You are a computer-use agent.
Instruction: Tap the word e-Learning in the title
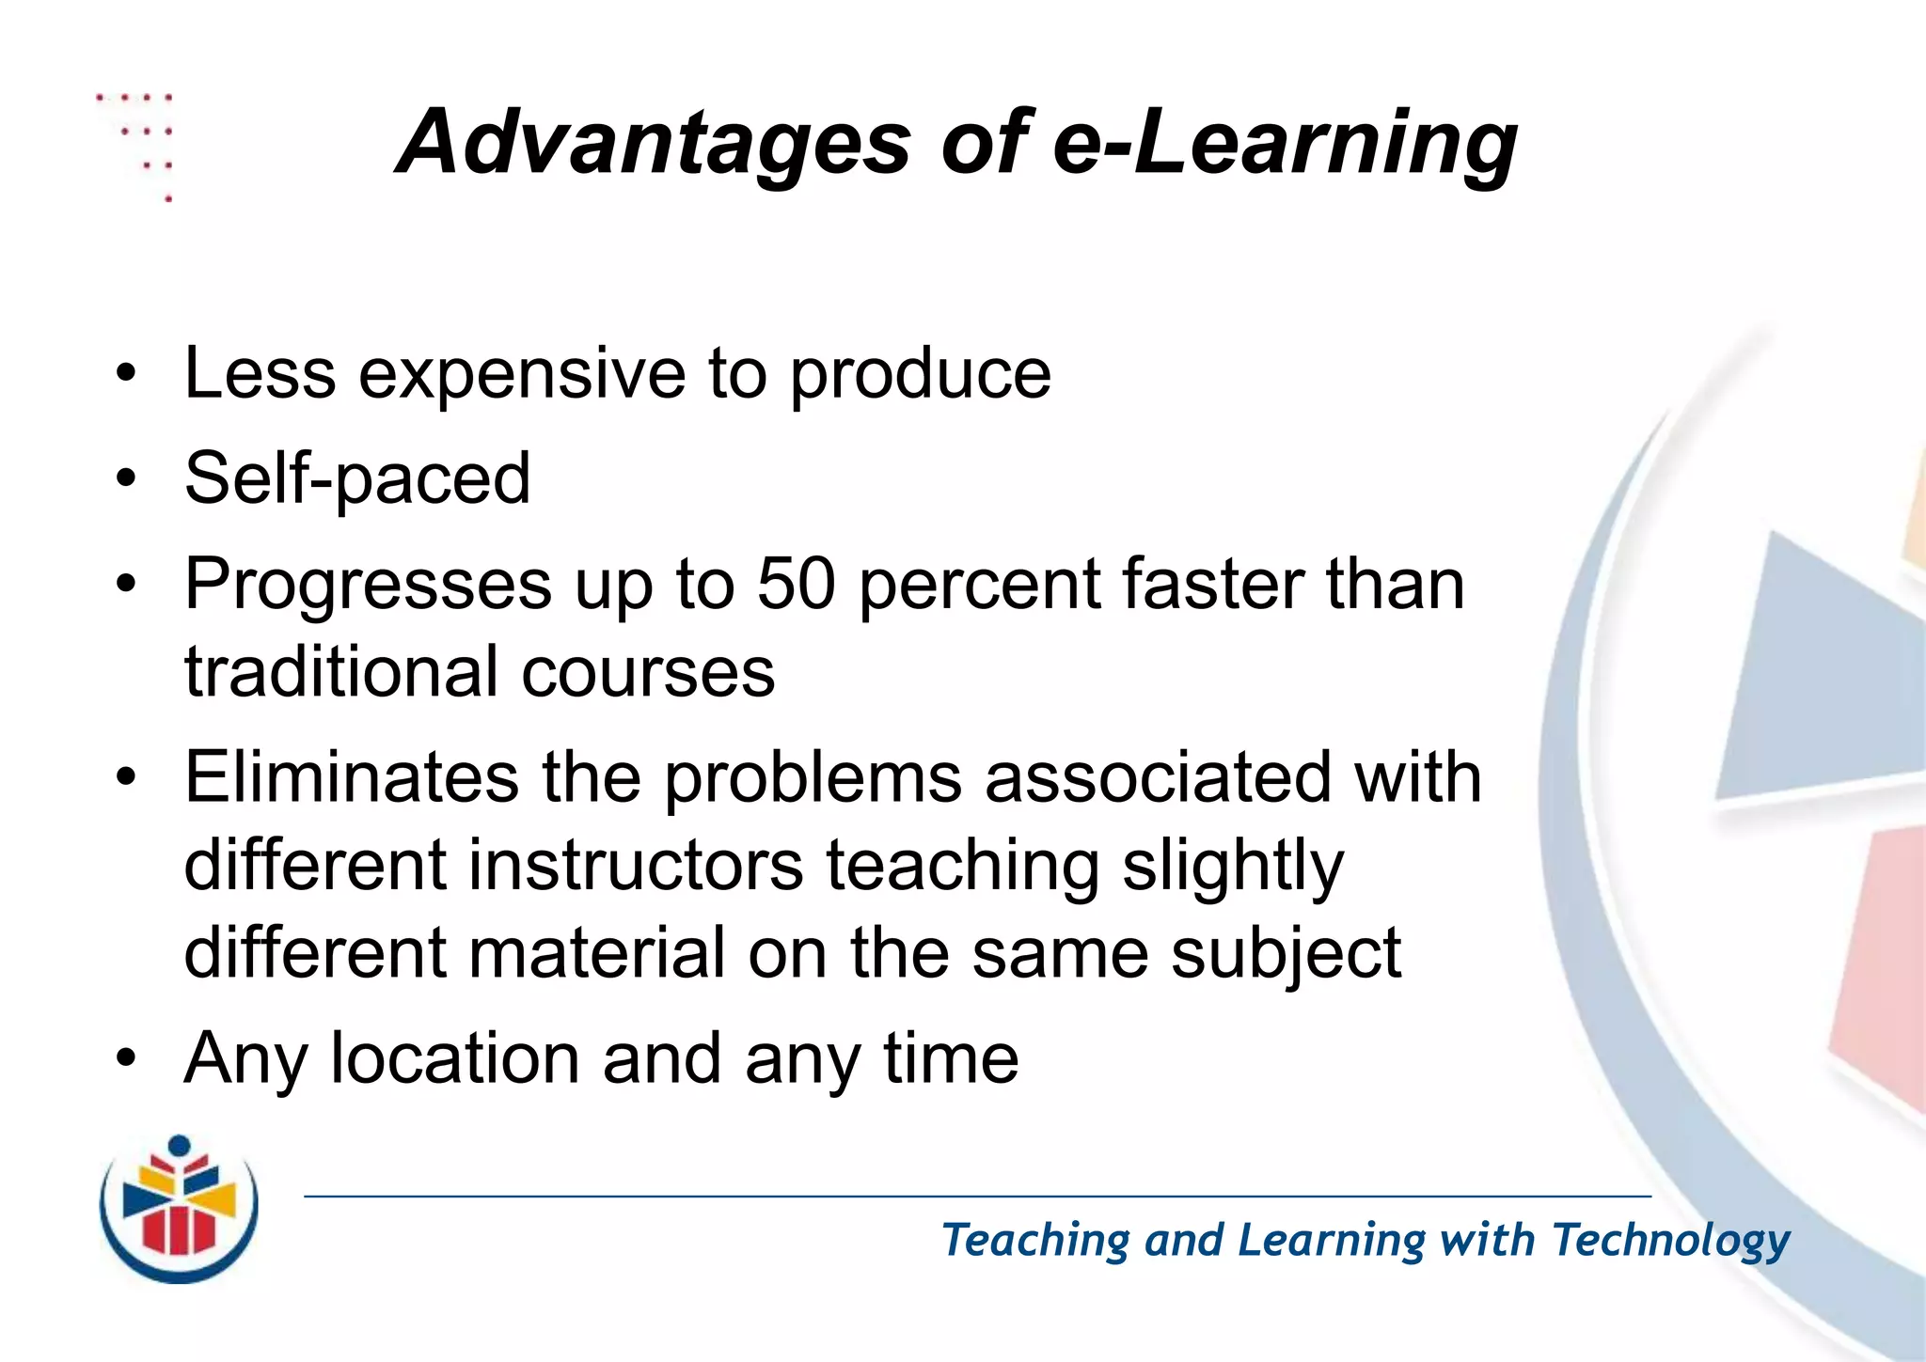[1285, 143]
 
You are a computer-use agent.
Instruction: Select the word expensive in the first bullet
[522, 374]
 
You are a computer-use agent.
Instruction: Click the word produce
[920, 374]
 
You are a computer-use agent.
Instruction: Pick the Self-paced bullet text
[357, 478]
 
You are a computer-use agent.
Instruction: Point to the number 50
[797, 584]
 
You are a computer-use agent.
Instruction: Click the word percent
[979, 586]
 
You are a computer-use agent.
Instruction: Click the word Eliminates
[351, 777]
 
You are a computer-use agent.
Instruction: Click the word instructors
[636, 866]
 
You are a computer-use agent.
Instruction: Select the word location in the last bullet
[455, 1058]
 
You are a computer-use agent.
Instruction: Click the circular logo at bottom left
[179, 1210]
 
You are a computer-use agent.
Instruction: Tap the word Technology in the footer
[1671, 1241]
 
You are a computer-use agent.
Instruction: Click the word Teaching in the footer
[1035, 1241]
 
